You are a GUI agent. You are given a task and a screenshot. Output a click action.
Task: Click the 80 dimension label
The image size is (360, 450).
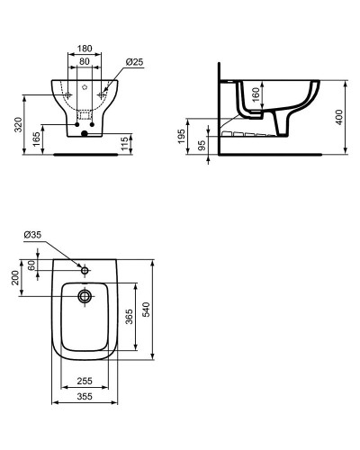[85, 62]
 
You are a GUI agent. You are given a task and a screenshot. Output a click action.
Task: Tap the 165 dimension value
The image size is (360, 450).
[37, 140]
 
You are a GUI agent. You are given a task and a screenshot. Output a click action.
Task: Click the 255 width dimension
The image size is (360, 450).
[86, 382]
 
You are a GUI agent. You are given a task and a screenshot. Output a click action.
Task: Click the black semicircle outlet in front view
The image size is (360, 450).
[84, 135]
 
